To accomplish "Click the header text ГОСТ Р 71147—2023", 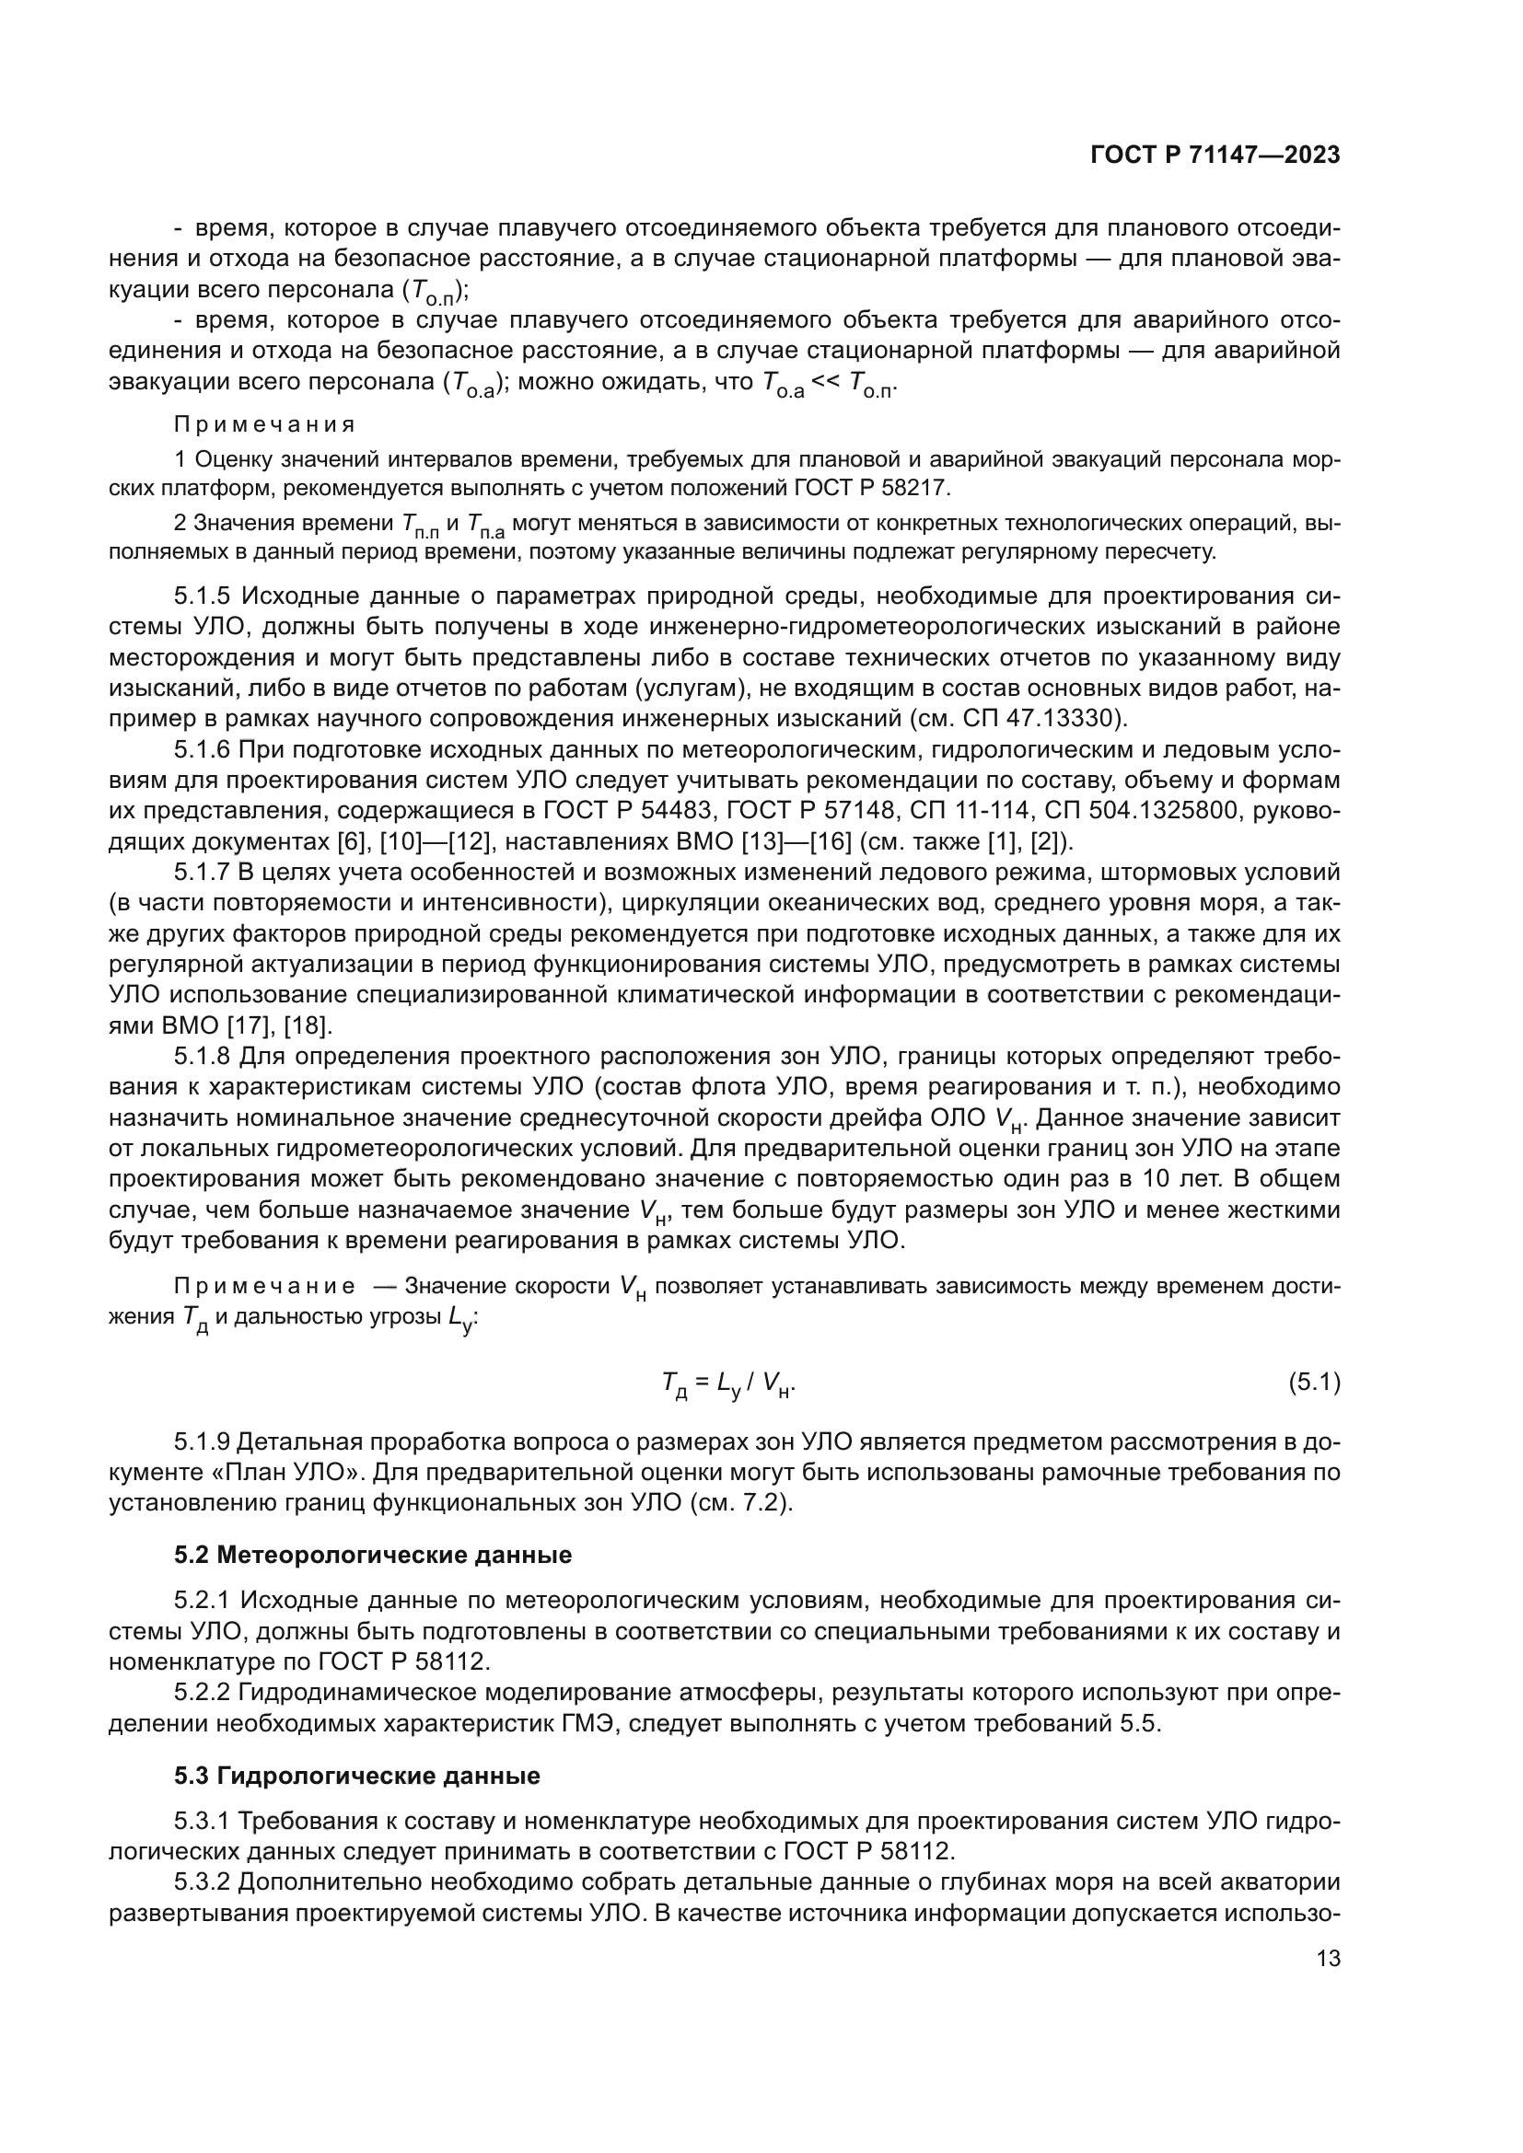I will pos(1215,156).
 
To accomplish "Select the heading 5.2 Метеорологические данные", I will pos(372,1555).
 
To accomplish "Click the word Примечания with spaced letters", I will pos(264,424).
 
